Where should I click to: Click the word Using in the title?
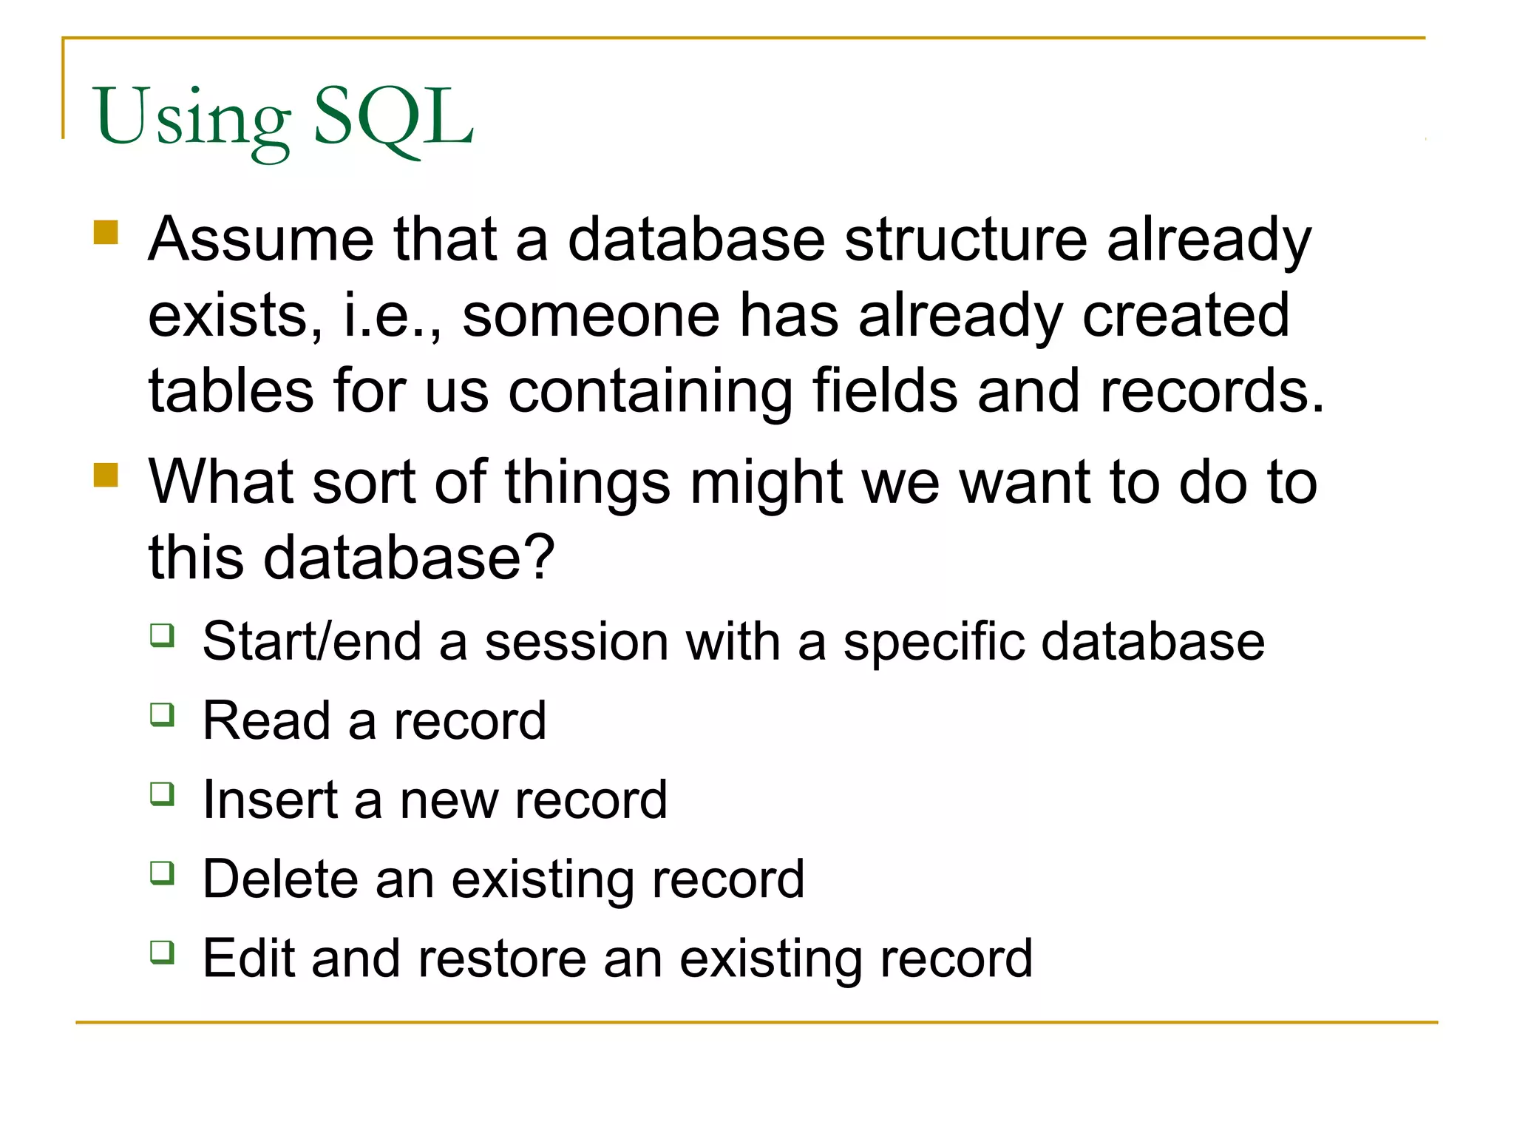(193, 118)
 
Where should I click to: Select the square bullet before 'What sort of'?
(106, 475)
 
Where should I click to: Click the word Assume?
(261, 240)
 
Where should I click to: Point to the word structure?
(965, 240)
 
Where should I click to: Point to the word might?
(767, 483)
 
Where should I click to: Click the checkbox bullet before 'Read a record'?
(162, 714)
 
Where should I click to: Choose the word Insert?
(270, 800)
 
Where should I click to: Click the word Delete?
(280, 879)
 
